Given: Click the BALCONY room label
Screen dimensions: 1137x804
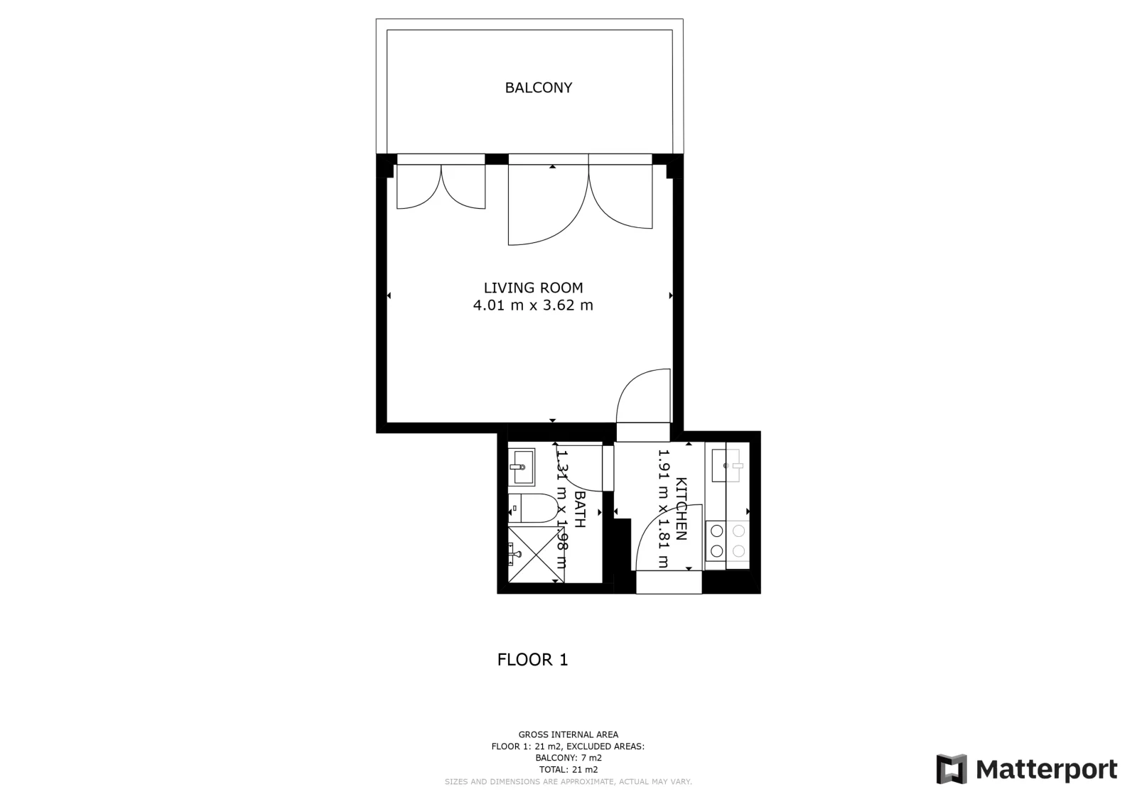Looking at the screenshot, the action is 539,88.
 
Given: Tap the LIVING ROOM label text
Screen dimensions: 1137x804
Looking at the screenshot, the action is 533,288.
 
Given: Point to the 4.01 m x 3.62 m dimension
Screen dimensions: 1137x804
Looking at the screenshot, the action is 533,305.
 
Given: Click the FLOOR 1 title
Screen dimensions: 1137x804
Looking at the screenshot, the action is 532,659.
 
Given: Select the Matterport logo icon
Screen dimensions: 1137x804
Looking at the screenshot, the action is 952,769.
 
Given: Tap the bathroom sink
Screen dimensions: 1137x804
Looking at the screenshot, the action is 522,467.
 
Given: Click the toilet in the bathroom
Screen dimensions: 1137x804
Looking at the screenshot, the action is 533,509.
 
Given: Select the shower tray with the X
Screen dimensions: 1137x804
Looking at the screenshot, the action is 536,555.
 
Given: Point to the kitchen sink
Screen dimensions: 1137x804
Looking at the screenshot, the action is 728,466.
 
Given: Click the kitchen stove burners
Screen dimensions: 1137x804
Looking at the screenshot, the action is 728,540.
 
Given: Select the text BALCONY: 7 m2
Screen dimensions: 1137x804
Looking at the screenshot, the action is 568,758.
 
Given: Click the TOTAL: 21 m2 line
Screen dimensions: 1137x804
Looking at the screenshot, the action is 568,769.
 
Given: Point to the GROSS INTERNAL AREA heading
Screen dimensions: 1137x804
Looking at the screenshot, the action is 568,734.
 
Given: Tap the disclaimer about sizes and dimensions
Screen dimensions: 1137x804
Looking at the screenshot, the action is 568,782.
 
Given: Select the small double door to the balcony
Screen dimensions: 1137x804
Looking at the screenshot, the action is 441,186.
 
